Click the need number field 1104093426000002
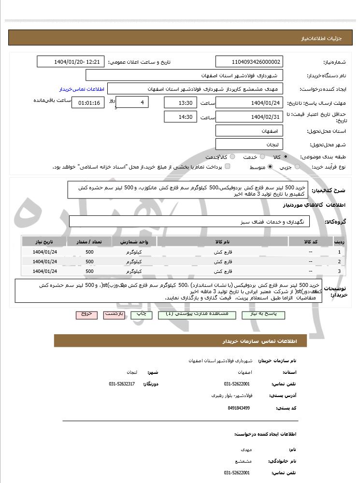click(249, 62)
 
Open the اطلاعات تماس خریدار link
click(79, 89)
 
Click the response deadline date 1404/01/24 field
click(249, 103)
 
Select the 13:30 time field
click(181, 103)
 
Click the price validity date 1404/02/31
click(249, 117)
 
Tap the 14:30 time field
click(181, 117)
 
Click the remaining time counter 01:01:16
click(87, 103)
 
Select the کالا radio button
click(286, 157)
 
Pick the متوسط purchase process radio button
click(270, 167)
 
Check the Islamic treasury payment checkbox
click(228, 167)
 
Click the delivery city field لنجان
click(249, 144)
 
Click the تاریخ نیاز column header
click(45, 241)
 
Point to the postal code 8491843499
click(239, 408)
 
